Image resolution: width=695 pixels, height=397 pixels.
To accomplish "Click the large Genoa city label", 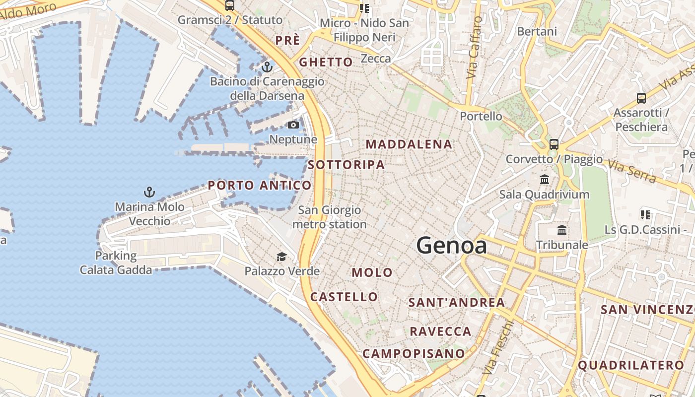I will (451, 245).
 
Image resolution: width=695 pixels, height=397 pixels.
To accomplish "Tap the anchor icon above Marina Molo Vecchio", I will (149, 192).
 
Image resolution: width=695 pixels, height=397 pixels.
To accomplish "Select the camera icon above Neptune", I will (293, 125).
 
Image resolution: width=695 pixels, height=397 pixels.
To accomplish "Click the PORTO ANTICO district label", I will (260, 186).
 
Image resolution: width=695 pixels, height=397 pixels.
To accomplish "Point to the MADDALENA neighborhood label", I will (409, 144).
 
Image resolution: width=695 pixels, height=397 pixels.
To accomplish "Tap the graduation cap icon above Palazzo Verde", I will (281, 257).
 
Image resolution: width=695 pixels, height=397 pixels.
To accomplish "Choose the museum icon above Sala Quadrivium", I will (545, 179).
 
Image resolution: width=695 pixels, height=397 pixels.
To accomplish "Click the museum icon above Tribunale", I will (562, 230).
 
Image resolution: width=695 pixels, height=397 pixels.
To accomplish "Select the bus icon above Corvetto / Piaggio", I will (554, 144).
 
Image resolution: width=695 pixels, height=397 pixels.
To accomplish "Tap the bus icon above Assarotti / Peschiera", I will (641, 98).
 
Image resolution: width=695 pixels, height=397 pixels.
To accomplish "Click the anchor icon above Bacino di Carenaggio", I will (267, 66).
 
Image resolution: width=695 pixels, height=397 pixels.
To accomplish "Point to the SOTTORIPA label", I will (347, 165).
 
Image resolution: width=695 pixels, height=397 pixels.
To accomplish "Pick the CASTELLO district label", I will (344, 297).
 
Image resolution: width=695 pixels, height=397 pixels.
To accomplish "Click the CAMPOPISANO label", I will (414, 354).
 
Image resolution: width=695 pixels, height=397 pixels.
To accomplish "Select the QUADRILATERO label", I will (631, 366).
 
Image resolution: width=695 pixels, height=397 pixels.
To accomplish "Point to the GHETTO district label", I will (326, 63).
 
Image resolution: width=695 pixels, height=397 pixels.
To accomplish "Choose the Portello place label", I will (481, 116).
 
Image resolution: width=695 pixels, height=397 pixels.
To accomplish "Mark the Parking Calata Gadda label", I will (116, 263).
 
